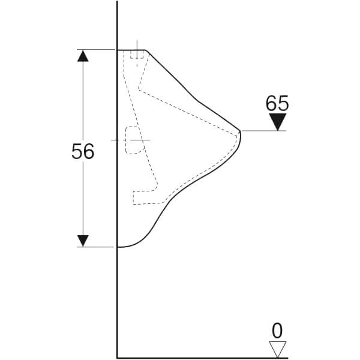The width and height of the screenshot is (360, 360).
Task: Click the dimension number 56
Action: pos(83,151)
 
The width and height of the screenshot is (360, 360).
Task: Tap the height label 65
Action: pos(277,103)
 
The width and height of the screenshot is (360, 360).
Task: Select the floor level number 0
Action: pos(277,331)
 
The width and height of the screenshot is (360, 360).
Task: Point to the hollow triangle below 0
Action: pos(278,349)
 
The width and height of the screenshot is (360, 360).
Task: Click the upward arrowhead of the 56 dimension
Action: pos(83,56)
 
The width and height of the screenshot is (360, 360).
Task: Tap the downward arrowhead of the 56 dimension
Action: pos(83,241)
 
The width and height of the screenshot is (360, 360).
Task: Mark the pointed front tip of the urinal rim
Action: pos(240,131)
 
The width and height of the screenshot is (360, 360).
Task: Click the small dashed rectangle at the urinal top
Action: pos(137,54)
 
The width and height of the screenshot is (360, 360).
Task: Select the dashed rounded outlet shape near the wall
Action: pos(135,140)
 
